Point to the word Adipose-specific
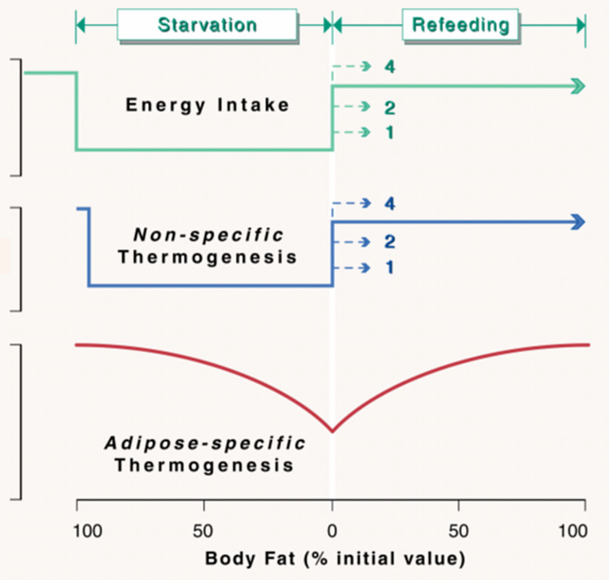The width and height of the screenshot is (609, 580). point(206,442)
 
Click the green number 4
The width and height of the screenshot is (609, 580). point(389,66)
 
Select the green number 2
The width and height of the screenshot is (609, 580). point(389,107)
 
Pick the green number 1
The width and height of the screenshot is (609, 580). point(389,132)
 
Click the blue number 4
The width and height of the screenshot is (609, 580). point(389,204)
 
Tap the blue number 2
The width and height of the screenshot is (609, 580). point(389,242)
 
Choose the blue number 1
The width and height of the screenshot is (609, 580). point(389,267)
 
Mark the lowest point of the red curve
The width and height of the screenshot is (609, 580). point(332,432)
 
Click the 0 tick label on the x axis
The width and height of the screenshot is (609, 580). point(332,529)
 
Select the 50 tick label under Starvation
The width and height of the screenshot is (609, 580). point(204,529)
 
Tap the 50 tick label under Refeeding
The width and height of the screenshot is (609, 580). point(459,529)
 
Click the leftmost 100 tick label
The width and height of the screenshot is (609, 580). point(77,529)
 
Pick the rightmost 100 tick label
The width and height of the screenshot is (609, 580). point(586,529)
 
